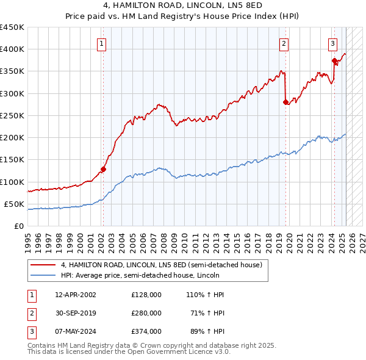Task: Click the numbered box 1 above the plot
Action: [101, 43]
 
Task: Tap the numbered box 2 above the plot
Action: [284, 43]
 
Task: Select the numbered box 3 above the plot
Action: [332, 43]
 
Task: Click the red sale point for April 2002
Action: [103, 169]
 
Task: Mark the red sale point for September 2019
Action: [285, 102]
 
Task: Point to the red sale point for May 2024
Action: [334, 60]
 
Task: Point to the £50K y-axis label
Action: [15, 204]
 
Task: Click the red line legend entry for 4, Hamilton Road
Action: [162, 265]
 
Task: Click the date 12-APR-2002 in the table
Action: [76, 295]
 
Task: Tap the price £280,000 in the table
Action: [146, 313]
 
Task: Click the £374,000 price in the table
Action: [146, 331]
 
